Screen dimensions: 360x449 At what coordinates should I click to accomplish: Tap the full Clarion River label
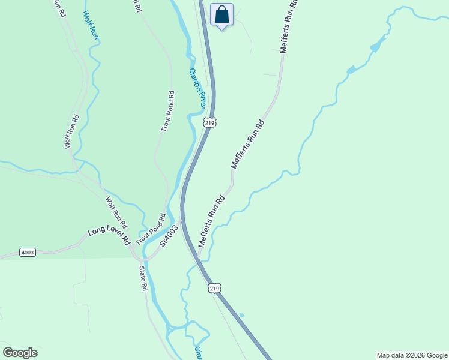[198, 88]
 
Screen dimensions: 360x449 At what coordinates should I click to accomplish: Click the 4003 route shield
[27, 252]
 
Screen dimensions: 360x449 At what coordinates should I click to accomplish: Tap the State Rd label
[143, 279]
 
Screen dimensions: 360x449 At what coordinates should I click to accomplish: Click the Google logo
[20, 353]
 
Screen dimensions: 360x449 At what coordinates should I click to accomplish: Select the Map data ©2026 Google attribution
[412, 355]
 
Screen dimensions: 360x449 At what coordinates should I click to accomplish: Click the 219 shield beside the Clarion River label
[209, 122]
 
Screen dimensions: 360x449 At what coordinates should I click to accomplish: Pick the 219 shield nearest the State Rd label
[215, 289]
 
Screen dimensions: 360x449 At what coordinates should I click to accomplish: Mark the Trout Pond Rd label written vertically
[167, 111]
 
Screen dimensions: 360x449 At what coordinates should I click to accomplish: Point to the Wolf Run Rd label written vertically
[71, 131]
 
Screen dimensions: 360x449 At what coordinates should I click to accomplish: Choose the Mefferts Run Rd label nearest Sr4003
[212, 220]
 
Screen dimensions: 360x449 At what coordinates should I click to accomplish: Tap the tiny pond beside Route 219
[241, 314]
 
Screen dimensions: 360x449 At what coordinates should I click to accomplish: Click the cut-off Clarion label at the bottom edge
[197, 352]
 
